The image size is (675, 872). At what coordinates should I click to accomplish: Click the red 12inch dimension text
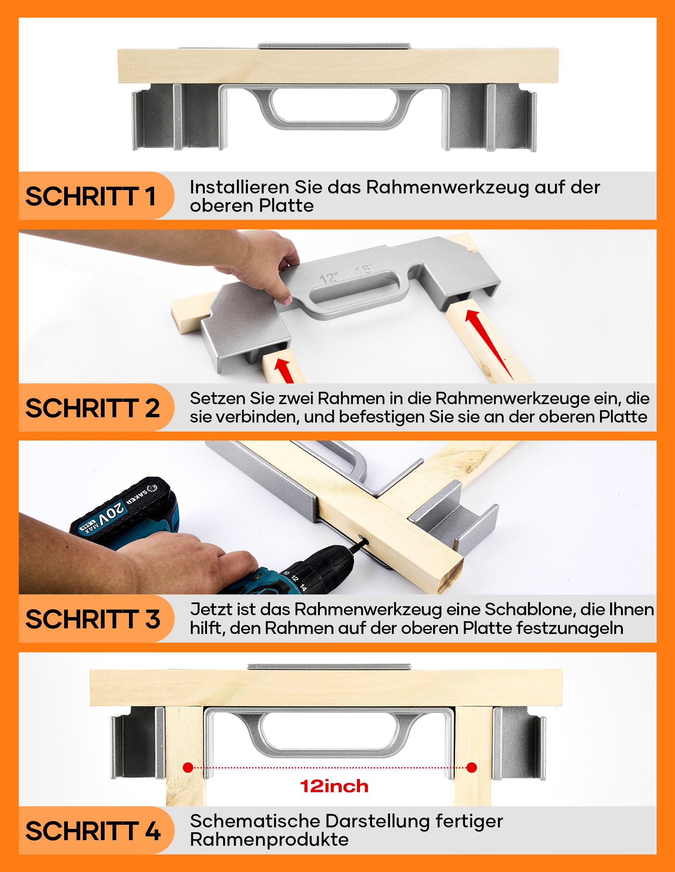click(334, 786)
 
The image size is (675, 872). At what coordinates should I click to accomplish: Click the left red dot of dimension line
click(188, 767)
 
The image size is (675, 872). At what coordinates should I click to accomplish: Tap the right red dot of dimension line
click(472, 767)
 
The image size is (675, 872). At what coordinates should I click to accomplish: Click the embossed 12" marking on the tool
click(330, 277)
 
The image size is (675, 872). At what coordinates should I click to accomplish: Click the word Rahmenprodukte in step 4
click(269, 840)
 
